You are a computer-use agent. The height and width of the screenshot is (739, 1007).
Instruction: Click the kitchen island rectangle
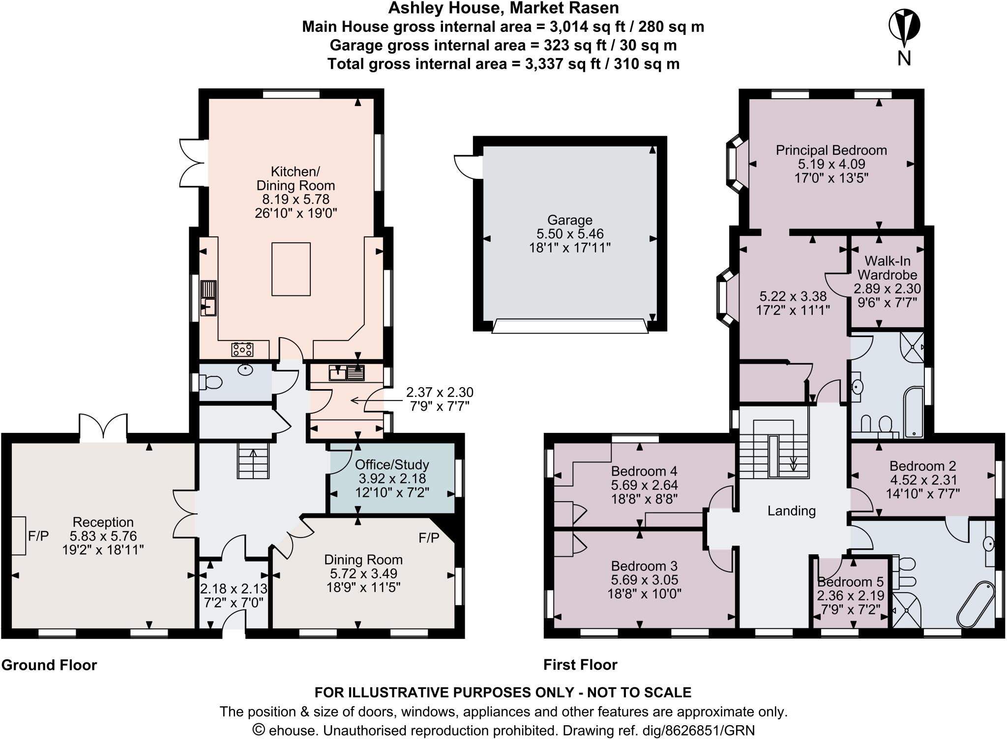pyautogui.click(x=291, y=269)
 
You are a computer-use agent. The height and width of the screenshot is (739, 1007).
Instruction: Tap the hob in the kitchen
pyautogui.click(x=243, y=349)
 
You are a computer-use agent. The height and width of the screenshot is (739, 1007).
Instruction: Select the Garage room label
pyautogui.click(x=569, y=220)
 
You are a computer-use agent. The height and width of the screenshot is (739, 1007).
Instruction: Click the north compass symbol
pyautogui.click(x=904, y=27)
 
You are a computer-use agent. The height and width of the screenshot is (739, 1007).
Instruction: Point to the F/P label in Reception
pyautogui.click(x=38, y=536)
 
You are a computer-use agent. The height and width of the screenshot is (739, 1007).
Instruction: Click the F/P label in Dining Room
pyautogui.click(x=429, y=538)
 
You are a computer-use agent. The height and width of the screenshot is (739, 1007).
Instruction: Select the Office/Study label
pyautogui.click(x=392, y=464)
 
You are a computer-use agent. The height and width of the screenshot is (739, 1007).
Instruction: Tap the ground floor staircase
pyautogui.click(x=254, y=460)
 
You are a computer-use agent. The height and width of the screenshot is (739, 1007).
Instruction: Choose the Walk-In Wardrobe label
pyautogui.click(x=887, y=267)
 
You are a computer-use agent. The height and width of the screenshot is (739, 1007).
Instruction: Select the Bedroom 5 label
pyautogui.click(x=850, y=582)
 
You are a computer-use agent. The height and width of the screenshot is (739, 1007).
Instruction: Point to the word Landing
pyautogui.click(x=791, y=511)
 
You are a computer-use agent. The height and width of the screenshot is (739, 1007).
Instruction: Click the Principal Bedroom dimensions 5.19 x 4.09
pyautogui.click(x=831, y=164)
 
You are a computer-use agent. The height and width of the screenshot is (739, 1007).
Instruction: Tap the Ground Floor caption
pyautogui.click(x=49, y=665)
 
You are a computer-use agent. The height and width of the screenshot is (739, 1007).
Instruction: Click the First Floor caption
pyautogui.click(x=580, y=665)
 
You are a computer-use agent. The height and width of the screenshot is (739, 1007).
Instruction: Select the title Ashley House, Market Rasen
pyautogui.click(x=503, y=8)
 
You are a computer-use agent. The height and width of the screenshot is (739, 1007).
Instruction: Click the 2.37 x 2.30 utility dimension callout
pyautogui.click(x=439, y=392)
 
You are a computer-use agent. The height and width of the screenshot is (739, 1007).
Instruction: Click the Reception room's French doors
pyautogui.click(x=104, y=426)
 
